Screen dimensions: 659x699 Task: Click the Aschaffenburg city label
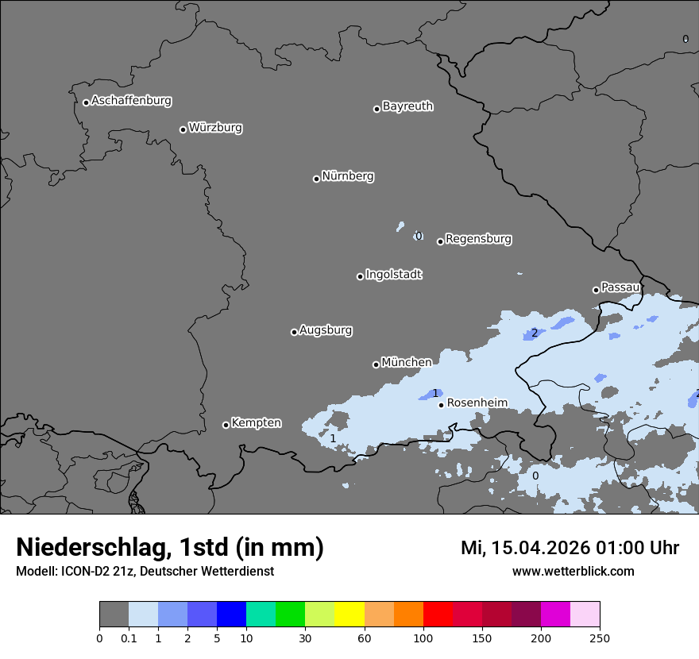pos(131,101)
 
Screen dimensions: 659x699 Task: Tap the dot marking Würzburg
pos(183,129)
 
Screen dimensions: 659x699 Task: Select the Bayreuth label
pos(407,106)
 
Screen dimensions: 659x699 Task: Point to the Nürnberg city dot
pos(316,179)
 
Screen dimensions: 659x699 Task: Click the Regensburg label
pos(478,239)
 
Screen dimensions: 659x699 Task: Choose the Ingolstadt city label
pos(393,275)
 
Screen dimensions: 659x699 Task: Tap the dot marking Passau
pos(596,290)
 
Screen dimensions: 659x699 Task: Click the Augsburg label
pos(326,330)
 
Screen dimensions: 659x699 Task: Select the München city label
pos(407,363)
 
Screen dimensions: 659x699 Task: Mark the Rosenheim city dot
pos(441,405)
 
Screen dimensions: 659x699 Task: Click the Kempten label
pos(256,423)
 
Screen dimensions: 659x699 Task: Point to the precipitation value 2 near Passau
pos(535,333)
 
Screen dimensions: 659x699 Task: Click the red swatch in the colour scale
pos(438,615)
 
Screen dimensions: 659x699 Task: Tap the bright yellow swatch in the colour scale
pos(349,615)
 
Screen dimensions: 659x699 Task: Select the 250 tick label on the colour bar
pos(599,638)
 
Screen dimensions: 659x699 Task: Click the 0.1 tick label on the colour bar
pos(129,638)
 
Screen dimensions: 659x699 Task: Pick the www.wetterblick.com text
pos(573,571)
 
